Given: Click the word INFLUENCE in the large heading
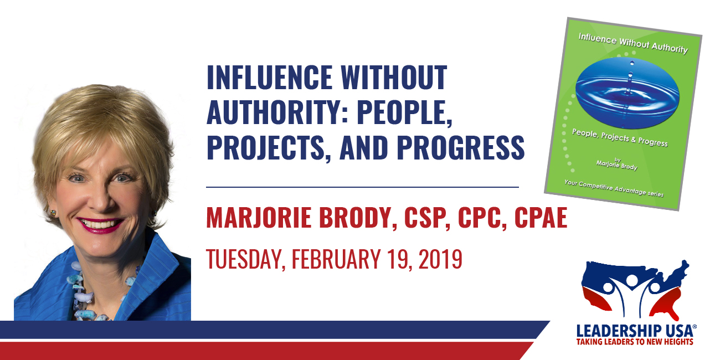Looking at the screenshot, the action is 269,77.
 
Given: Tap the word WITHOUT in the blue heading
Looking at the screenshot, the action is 394,77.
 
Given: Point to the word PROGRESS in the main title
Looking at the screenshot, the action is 461,147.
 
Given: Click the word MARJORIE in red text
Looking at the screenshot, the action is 259,218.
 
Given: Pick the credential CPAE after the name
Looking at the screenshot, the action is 541,218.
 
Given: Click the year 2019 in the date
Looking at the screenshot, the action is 440,259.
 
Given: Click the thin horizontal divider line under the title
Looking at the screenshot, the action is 363,187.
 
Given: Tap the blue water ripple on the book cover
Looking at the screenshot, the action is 628,93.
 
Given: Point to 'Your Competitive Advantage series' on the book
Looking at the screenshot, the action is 614,188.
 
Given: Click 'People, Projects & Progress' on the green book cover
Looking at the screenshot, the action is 620,137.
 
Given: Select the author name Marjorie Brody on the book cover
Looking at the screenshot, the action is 617,165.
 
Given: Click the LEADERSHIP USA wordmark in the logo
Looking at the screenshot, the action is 636,331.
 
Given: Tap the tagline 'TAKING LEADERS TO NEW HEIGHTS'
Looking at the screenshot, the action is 635,342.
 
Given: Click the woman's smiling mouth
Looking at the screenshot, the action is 100,224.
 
